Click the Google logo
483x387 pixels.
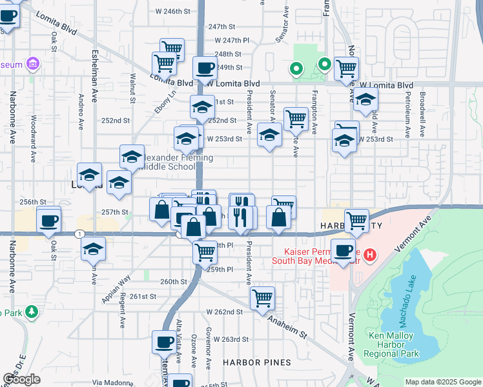tap(22, 379)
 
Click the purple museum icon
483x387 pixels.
tap(32, 64)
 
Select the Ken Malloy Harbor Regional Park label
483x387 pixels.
tap(393, 344)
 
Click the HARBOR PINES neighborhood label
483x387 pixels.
tap(252, 362)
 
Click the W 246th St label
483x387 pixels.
tap(174, 11)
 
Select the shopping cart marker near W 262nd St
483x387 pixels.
tap(262, 299)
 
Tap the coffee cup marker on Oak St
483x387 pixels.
tap(49, 221)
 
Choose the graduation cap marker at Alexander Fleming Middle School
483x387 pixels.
tap(132, 157)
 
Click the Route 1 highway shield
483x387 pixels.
tap(79, 233)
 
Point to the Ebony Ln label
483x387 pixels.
tap(170, 104)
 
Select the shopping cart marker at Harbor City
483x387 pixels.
tap(356, 221)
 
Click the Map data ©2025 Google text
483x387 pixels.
tap(443, 382)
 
